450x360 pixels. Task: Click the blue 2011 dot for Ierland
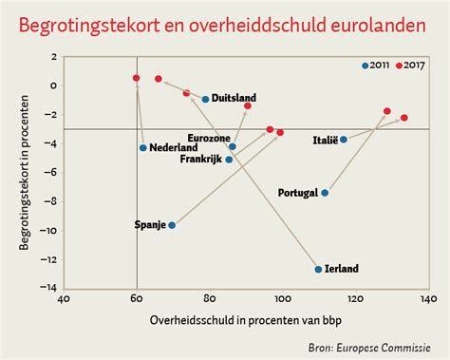click(x=318, y=269)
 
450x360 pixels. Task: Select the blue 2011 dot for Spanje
click(x=172, y=225)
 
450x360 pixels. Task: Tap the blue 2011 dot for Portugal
click(x=325, y=193)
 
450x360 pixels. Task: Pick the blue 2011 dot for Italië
click(x=344, y=140)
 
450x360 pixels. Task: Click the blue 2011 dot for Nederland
click(x=143, y=147)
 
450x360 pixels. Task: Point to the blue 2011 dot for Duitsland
click(x=206, y=99)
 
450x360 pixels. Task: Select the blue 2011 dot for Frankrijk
click(x=229, y=160)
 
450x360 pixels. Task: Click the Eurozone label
click(x=208, y=138)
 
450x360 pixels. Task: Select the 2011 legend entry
click(x=378, y=66)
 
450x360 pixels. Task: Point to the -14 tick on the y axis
click(x=53, y=289)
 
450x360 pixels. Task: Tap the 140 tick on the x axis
click(x=428, y=300)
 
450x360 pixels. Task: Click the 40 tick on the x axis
click(x=64, y=300)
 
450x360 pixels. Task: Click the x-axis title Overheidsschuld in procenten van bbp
click(x=245, y=321)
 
